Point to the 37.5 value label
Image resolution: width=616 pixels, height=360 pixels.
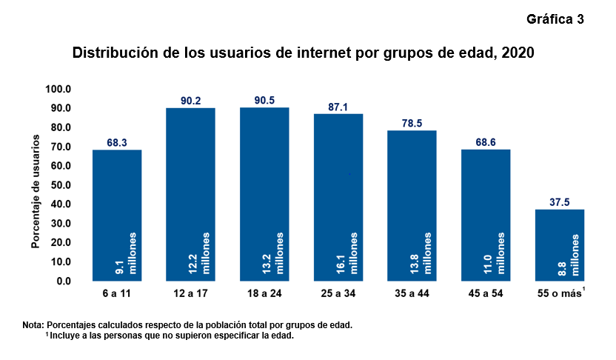tap(560, 202)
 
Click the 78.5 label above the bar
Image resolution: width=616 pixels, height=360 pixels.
tap(412, 123)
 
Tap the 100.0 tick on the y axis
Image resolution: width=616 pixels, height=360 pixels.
tap(58, 89)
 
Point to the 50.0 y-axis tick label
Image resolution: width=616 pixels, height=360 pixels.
tap(60, 185)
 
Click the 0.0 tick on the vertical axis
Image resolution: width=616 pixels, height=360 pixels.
tap(63, 281)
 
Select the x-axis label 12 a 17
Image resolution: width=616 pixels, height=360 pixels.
tap(190, 294)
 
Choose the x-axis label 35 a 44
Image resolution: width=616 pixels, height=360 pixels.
tap(412, 294)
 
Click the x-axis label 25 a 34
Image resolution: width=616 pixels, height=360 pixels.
tap(338, 294)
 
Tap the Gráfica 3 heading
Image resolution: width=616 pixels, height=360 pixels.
tap(555, 19)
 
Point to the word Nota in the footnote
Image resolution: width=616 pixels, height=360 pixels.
tap(33, 324)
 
